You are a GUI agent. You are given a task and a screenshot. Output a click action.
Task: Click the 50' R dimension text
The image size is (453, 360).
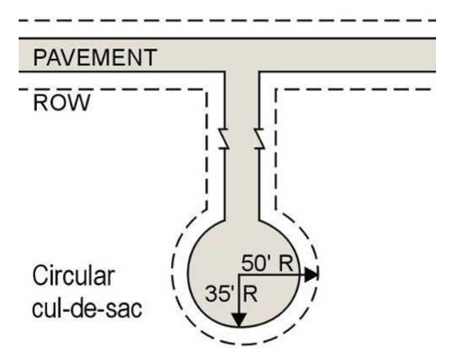click(x=267, y=264)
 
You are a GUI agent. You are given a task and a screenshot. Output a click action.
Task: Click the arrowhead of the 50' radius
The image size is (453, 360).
click(x=311, y=275)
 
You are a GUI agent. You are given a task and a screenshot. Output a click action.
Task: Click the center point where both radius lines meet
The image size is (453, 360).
click(x=239, y=275)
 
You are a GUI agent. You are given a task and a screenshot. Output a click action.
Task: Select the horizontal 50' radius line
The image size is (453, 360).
click(x=271, y=275)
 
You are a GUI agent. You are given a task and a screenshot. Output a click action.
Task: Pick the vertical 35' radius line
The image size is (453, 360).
click(x=239, y=296)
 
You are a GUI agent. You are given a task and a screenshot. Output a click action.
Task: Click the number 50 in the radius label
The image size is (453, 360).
click(x=252, y=264)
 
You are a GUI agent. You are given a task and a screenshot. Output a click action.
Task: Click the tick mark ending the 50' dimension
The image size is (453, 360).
click(x=319, y=275)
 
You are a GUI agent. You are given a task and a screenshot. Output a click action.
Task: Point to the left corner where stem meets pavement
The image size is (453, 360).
click(x=225, y=72)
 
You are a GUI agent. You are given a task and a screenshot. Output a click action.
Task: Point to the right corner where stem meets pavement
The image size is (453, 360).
click(x=259, y=72)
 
